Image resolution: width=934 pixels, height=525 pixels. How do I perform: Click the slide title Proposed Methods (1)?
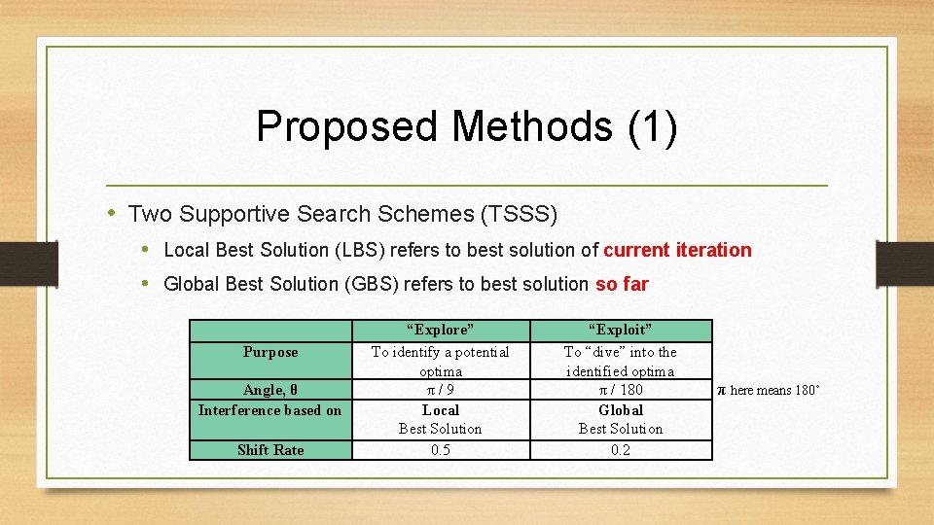tap(467, 126)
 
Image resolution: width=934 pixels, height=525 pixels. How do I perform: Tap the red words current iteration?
tap(677, 250)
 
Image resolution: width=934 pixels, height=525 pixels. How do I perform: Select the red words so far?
tap(621, 284)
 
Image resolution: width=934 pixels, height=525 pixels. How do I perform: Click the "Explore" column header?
tap(440, 330)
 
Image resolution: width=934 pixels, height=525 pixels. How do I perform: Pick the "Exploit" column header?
tap(621, 330)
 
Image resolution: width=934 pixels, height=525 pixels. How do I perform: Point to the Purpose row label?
tap(270, 352)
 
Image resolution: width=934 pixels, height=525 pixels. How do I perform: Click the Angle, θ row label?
tap(270, 390)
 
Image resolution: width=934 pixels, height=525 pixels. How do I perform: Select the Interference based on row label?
tap(270, 409)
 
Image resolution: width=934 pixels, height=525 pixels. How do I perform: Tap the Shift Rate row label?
tap(270, 449)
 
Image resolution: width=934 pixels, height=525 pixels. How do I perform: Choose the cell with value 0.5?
tap(440, 449)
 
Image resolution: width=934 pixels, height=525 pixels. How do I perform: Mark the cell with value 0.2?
tap(621, 449)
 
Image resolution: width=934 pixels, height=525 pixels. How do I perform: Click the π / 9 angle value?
tap(440, 390)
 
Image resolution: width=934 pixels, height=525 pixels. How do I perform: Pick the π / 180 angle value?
tap(621, 390)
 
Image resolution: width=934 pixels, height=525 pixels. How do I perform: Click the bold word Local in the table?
tap(440, 409)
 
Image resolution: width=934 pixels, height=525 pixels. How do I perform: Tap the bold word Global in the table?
tap(621, 409)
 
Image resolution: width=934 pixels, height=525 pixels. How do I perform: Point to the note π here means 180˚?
tap(769, 390)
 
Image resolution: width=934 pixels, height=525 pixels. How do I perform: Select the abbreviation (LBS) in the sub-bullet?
tap(359, 250)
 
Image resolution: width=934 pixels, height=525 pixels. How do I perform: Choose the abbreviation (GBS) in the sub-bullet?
tap(369, 284)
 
